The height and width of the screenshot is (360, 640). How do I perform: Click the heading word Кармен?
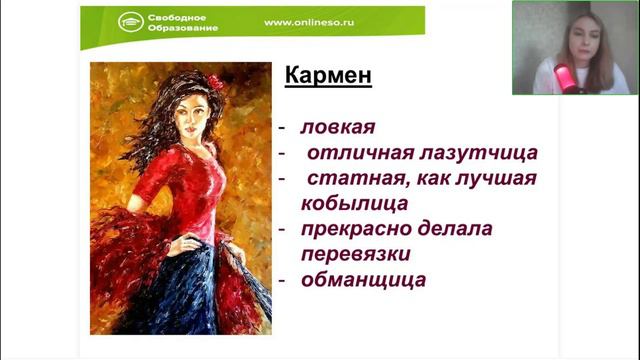tap(329, 76)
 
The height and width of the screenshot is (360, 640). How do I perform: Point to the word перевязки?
tap(356, 254)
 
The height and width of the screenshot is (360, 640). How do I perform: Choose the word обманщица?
tap(364, 279)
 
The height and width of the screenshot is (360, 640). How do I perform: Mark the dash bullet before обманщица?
tap(283, 280)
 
